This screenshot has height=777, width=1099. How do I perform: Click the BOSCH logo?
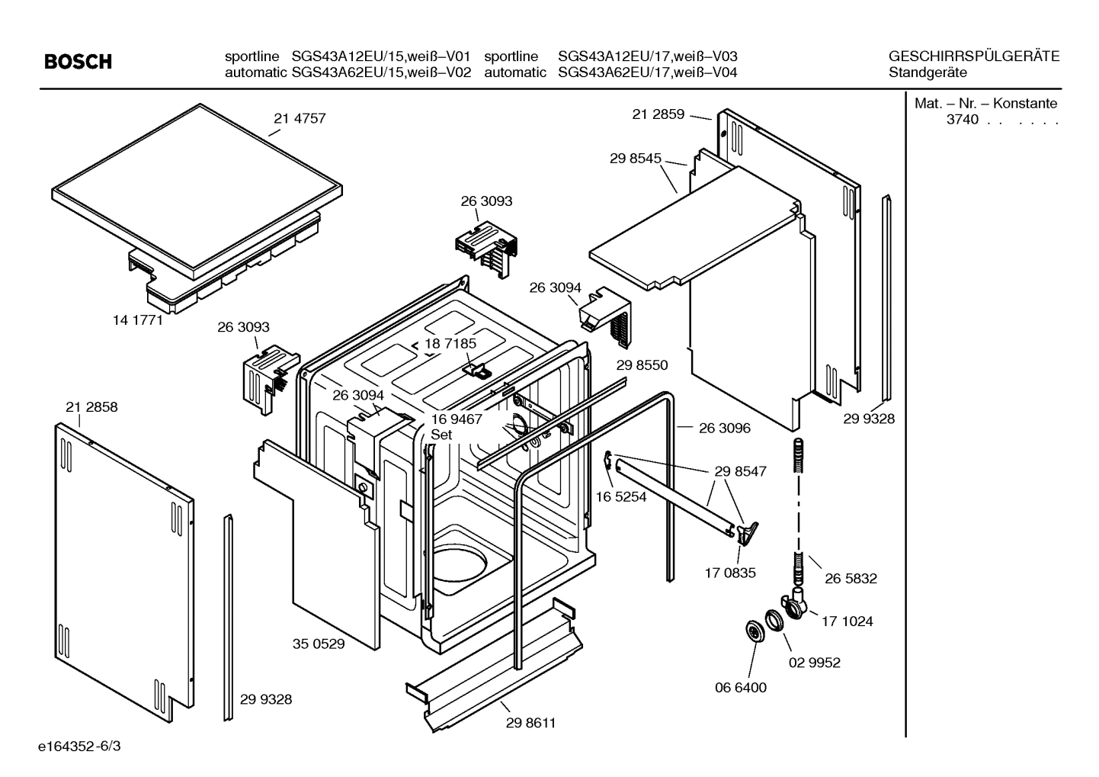[78, 62]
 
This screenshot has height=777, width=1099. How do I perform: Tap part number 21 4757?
[300, 118]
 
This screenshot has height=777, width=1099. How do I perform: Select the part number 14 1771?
[138, 320]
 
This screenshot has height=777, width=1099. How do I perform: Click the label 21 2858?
[91, 407]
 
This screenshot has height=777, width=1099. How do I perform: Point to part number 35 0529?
[319, 644]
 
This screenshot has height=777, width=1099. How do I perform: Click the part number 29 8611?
[530, 723]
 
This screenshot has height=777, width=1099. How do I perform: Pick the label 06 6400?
[740, 687]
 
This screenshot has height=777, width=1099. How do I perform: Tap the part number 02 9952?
[814, 663]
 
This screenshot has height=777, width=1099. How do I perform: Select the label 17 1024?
[847, 621]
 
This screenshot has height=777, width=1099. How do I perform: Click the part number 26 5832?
[851, 579]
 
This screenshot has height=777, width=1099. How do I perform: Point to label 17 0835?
[729, 573]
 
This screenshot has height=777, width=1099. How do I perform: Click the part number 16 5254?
[620, 496]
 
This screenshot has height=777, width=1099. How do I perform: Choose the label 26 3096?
[724, 428]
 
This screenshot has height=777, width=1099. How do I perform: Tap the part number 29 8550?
[642, 365]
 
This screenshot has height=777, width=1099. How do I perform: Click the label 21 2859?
[658, 114]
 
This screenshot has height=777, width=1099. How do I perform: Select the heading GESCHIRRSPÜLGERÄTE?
[973, 56]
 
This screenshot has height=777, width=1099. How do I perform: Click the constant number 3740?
[962, 120]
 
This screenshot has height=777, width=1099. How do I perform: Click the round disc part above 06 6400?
[755, 631]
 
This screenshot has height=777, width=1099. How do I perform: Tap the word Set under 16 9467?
[441, 435]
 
